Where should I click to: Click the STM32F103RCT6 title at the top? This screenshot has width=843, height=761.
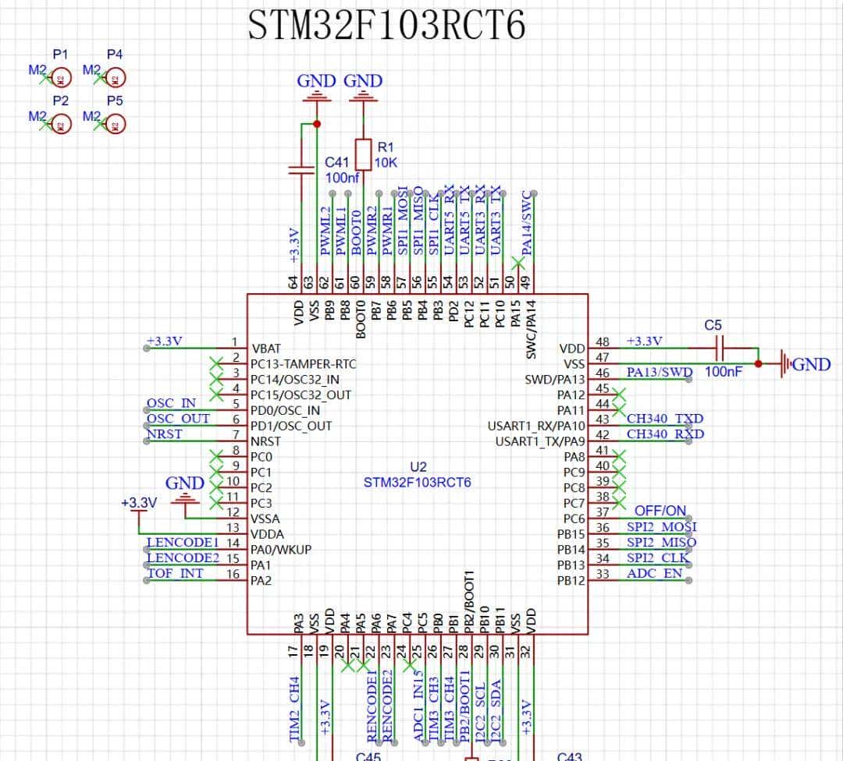(x=386, y=26)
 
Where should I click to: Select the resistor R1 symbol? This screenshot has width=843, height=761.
(x=363, y=154)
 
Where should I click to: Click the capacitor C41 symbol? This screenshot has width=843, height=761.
(x=301, y=168)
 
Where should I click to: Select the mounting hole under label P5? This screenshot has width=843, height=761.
(x=115, y=124)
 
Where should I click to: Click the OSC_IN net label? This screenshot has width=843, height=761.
(x=172, y=403)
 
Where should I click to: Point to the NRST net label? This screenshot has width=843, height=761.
(x=165, y=434)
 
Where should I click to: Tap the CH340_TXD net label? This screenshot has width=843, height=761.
(x=665, y=419)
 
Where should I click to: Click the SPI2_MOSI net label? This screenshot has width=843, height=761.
(x=662, y=527)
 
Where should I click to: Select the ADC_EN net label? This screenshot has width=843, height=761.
(x=654, y=574)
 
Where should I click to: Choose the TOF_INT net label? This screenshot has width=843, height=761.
(x=176, y=574)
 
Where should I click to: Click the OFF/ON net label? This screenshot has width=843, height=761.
(x=660, y=511)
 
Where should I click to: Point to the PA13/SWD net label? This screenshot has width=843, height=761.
(x=660, y=372)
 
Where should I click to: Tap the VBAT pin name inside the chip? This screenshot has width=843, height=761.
(x=266, y=349)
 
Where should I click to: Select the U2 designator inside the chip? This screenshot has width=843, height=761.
(x=418, y=467)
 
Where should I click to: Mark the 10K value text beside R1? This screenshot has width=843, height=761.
(x=386, y=163)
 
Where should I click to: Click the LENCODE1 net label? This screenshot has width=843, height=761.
(x=183, y=543)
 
